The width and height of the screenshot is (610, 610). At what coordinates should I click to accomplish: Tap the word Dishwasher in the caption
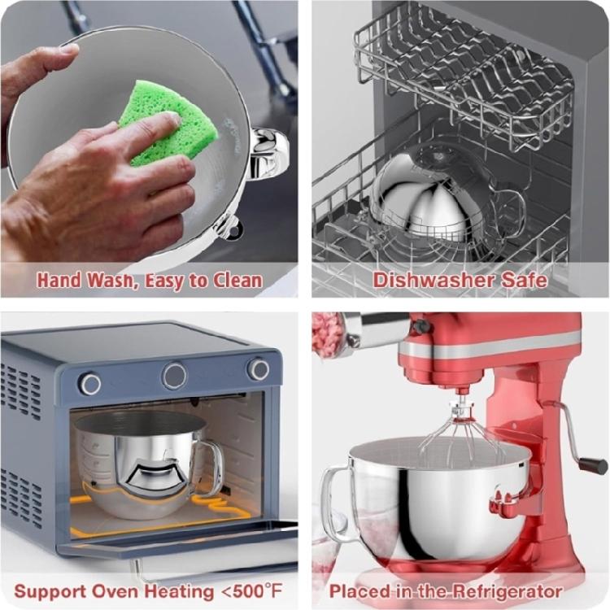tap(434, 281)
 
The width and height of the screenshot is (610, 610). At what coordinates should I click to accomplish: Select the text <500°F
tap(243, 590)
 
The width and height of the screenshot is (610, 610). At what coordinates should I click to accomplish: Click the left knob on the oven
tap(90, 383)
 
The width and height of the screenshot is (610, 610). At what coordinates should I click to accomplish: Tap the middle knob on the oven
tap(174, 376)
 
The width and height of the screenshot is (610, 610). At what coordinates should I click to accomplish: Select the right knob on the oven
tap(259, 369)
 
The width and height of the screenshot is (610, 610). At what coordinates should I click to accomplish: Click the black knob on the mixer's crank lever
tap(593, 465)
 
